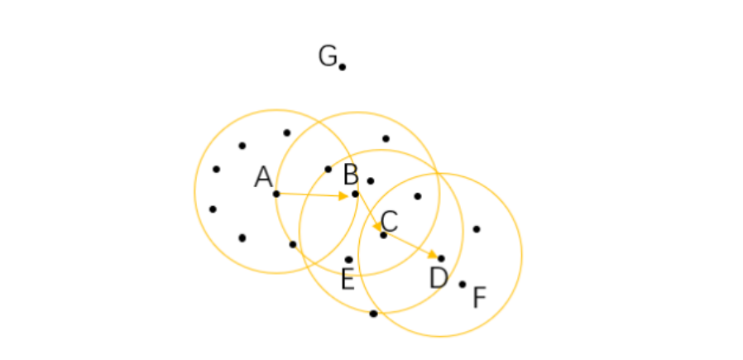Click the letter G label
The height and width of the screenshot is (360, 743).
coord(328,56)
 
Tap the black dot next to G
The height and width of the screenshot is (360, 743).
coord(342,67)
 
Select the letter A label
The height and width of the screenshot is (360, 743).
coord(263,177)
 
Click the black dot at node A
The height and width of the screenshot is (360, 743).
coord(276,194)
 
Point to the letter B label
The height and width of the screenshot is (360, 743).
coord(351,175)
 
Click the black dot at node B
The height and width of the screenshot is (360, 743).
coord(356,194)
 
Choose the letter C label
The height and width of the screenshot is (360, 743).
coord(389,221)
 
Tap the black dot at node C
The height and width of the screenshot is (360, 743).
coord(383,235)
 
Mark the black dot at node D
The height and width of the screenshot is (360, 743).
coord(441,259)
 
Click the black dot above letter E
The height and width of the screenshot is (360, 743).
coord(348,260)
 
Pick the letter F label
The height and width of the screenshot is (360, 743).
coord(479,298)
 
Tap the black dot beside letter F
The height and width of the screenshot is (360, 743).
coord(463,284)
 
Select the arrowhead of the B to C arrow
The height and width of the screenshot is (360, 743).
coord(376,226)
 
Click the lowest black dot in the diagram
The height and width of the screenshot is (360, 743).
coord(373,314)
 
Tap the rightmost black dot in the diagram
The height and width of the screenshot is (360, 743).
coord(476,228)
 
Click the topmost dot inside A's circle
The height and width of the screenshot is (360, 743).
coord(286,132)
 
